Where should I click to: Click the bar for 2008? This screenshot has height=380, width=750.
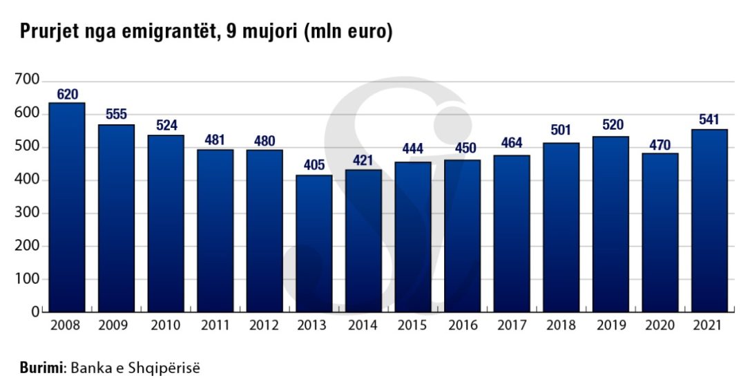tap(67, 207)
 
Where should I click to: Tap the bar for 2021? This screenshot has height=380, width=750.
tap(709, 220)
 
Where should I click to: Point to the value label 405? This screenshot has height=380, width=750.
tap(314, 167)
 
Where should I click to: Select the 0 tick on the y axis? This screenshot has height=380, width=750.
tap(35, 312)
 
